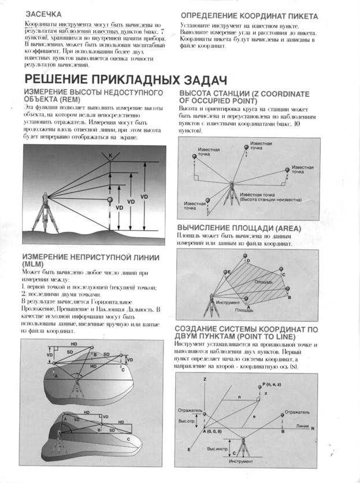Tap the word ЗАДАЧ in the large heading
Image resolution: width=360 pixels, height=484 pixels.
pos(196,79)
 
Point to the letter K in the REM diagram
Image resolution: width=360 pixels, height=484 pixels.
pos(111,154)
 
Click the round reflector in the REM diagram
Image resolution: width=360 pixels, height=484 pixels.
pos(110,199)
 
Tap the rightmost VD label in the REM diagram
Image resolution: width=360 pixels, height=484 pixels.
pos(144,197)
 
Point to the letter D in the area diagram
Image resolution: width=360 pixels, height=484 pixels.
pos(248,261)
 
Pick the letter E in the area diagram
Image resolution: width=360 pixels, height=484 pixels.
pos(229,271)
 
